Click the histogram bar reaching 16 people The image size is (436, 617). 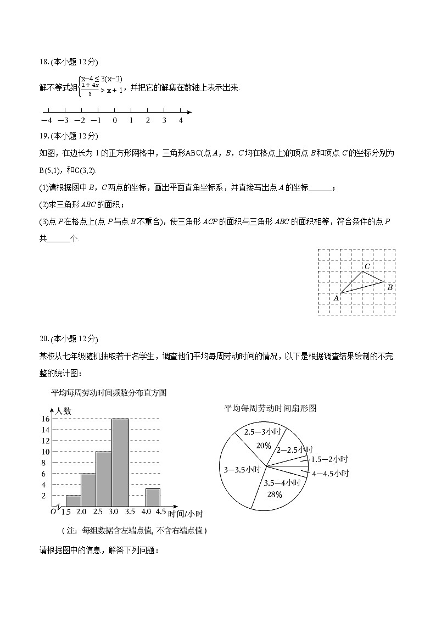point(120,462)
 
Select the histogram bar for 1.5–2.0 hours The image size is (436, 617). point(73,500)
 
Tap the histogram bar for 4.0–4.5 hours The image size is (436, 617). point(153,497)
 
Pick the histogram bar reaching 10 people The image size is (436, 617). point(103,478)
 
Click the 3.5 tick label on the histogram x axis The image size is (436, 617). point(130,513)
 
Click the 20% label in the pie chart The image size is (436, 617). point(264,446)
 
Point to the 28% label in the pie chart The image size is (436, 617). point(275,494)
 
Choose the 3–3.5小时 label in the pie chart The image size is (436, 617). point(242,470)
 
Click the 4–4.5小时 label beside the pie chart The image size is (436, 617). point(330,473)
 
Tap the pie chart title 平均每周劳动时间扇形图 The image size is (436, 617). point(270,408)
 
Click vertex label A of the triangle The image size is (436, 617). point(336,298)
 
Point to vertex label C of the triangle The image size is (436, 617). point(367,266)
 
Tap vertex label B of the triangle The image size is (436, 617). point(389,287)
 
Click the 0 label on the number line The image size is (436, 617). point(114,120)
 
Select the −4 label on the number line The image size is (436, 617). point(47,120)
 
